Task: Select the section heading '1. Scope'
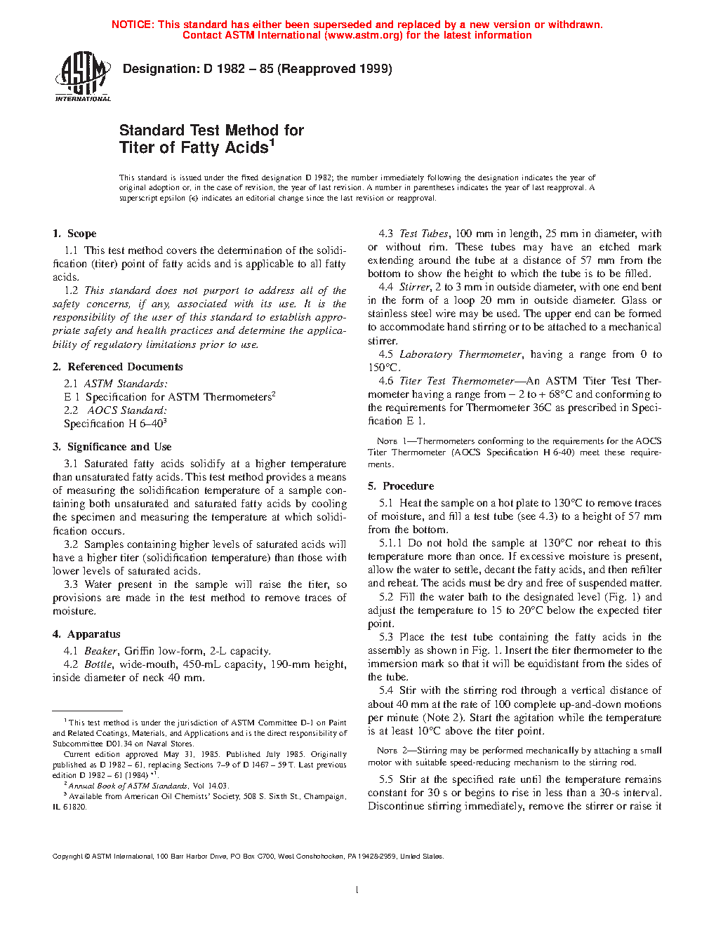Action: click(x=74, y=234)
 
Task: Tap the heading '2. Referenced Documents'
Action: click(x=117, y=367)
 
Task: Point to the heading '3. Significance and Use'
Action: click(x=112, y=447)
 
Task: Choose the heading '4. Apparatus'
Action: click(x=86, y=634)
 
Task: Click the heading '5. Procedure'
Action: click(x=401, y=486)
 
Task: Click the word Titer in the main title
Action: click(x=136, y=148)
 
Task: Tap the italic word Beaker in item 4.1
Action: click(x=100, y=651)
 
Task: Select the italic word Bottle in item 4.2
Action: click(x=98, y=664)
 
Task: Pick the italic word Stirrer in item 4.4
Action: click(x=414, y=287)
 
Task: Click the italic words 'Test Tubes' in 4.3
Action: click(x=423, y=234)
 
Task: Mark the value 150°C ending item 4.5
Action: click(x=383, y=368)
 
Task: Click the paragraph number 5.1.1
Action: click(x=390, y=543)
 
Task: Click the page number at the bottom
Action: click(x=357, y=890)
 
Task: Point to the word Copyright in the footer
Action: click(x=68, y=857)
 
